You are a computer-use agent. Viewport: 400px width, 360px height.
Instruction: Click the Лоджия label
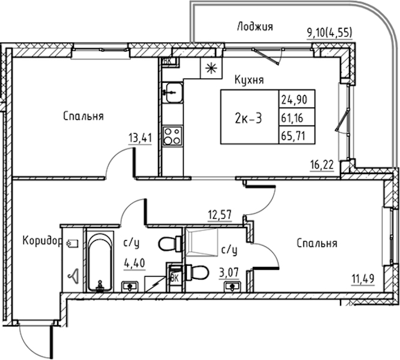coord(255,27)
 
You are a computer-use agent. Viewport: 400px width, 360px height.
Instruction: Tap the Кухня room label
coord(249,80)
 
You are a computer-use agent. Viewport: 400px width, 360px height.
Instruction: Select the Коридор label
coord(43,241)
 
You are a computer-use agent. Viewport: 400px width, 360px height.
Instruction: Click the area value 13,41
coord(141,138)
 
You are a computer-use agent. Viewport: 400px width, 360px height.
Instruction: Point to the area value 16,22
coord(322,165)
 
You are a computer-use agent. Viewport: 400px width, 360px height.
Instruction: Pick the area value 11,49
coord(363,279)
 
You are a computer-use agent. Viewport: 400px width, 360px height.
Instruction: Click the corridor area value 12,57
coord(220,215)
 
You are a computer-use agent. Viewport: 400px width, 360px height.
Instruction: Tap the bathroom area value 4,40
coord(135,263)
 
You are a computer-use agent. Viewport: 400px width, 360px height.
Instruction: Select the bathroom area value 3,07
coord(229,273)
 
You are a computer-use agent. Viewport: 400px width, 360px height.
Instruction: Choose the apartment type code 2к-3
coord(248,119)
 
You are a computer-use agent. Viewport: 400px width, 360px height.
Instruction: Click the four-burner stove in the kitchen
coord(172,136)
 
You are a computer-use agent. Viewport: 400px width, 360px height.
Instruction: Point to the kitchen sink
coord(173,92)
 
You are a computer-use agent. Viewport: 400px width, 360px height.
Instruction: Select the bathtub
coord(100,261)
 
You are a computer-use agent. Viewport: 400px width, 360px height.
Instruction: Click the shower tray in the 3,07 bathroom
coord(202,242)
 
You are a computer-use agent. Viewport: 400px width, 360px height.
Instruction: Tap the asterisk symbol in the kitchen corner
coord(211,68)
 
